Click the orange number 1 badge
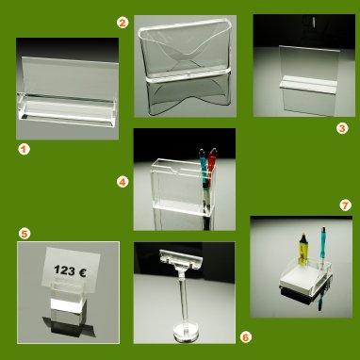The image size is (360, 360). (x=24, y=149)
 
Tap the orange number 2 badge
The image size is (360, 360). (x=123, y=23)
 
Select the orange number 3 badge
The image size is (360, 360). (x=342, y=128)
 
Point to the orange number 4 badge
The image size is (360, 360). (x=123, y=182)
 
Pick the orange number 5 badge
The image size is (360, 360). (x=25, y=234)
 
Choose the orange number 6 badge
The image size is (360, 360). (x=246, y=337)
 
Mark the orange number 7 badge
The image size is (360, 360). (x=345, y=205)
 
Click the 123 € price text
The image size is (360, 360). (x=70, y=270)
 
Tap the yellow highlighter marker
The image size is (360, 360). (x=303, y=249)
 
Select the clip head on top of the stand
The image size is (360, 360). (x=181, y=259)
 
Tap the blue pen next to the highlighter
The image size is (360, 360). (x=322, y=248)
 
